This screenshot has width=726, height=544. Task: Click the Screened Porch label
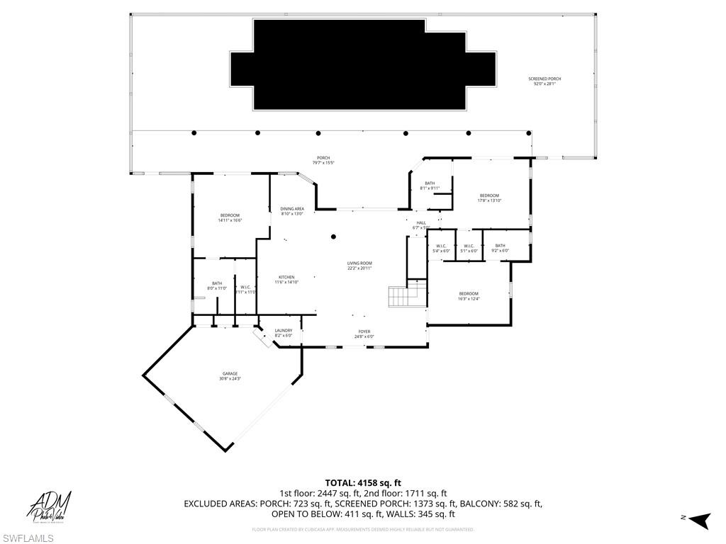pos(544,81)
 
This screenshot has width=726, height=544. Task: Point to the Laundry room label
pos(283,333)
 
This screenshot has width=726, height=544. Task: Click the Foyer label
pos(363,334)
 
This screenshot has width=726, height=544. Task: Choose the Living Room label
pos(359,266)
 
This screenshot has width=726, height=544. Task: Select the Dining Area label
pos(291,211)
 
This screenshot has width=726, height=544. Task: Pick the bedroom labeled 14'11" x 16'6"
pos(230,217)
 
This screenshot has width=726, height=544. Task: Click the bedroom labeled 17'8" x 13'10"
pos(489,198)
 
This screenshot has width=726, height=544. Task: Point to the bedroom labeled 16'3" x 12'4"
pos(468,296)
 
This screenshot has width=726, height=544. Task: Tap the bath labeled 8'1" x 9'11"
pos(430,186)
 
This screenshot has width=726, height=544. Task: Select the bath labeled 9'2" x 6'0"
pos(500,248)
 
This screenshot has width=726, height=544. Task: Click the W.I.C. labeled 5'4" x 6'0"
pos(441,248)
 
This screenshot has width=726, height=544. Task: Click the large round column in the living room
pos(333,237)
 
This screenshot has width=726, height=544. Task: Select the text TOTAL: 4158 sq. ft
pos(362,483)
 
